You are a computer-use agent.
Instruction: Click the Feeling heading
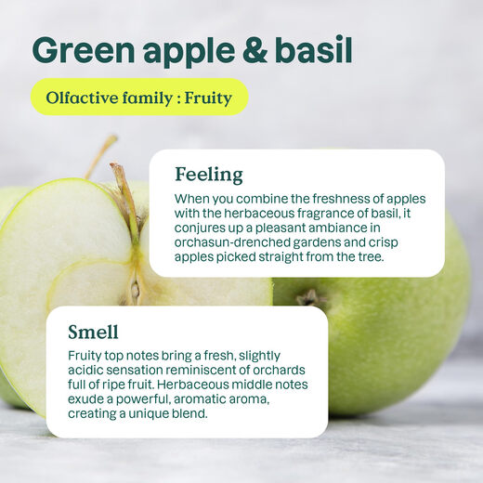208,175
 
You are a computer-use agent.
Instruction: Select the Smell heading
93,332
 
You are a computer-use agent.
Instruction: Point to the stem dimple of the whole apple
311,298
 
